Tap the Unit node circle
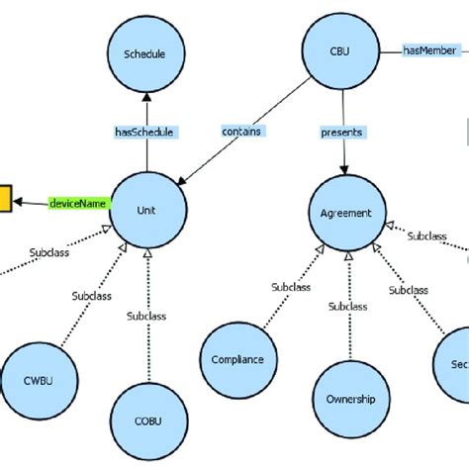[147, 209]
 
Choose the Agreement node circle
[346, 212]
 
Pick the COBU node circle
[147, 420]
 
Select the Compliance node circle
[237, 359]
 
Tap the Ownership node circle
[350, 399]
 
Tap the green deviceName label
[77, 204]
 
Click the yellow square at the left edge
[4, 200]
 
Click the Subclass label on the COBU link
[147, 317]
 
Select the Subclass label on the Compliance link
[292, 288]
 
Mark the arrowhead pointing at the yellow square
[19, 201]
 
